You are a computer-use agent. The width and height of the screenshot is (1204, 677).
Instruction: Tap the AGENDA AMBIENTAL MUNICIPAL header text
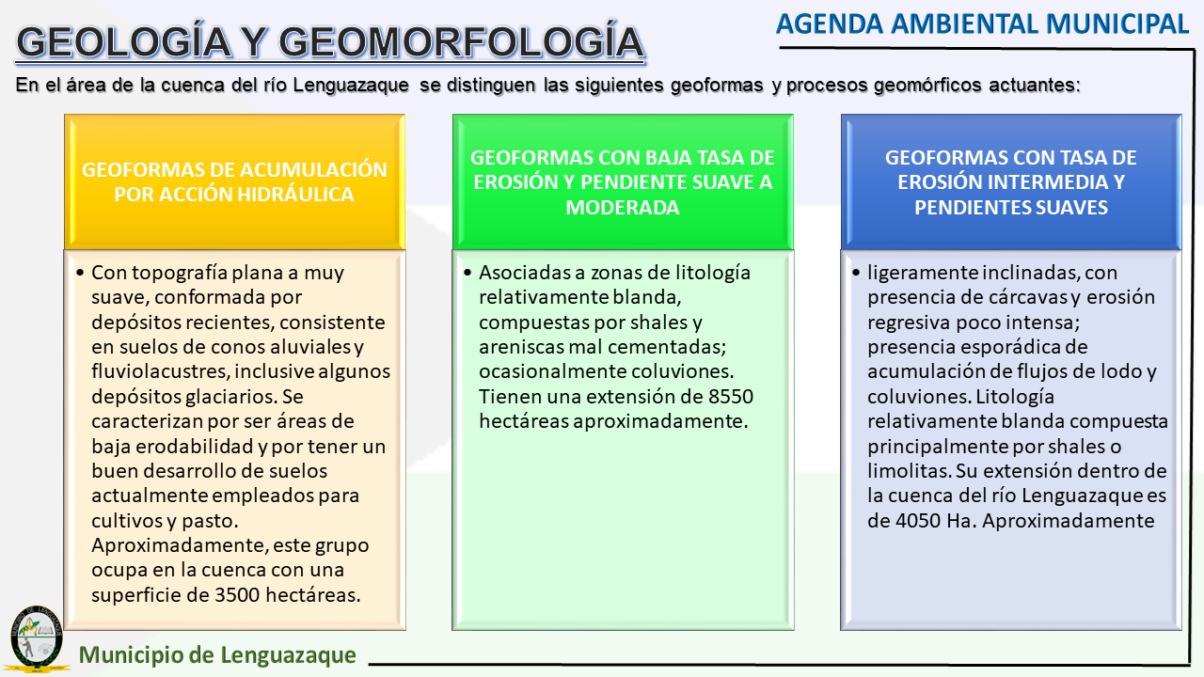(983, 24)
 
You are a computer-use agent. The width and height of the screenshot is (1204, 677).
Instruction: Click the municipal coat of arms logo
(36, 638)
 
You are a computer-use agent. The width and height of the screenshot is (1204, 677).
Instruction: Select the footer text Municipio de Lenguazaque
(218, 655)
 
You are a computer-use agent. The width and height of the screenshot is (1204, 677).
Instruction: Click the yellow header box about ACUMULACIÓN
(234, 181)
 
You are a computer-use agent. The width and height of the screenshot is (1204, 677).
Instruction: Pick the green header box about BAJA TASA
(623, 181)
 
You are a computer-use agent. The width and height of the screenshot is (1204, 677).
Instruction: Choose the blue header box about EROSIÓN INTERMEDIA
(1011, 181)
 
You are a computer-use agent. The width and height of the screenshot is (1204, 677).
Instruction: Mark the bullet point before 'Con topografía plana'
(81, 274)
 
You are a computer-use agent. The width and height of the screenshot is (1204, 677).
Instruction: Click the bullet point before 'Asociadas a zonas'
(468, 274)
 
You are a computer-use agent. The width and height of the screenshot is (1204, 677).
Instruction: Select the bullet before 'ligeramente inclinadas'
(857, 274)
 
